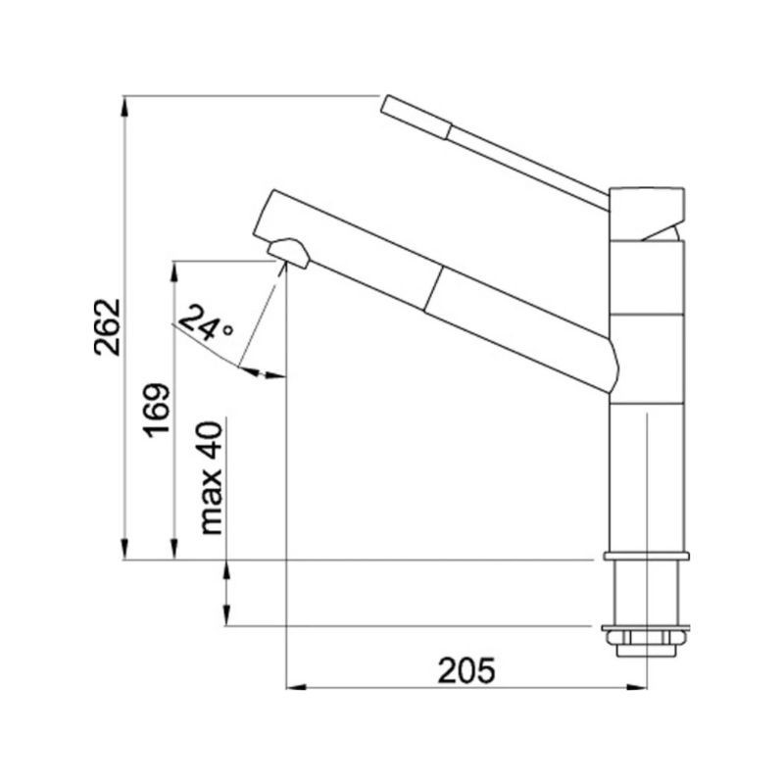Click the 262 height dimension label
coord(108,327)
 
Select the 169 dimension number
coord(158,411)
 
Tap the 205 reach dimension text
coord(466,670)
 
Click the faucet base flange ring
coord(646,556)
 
